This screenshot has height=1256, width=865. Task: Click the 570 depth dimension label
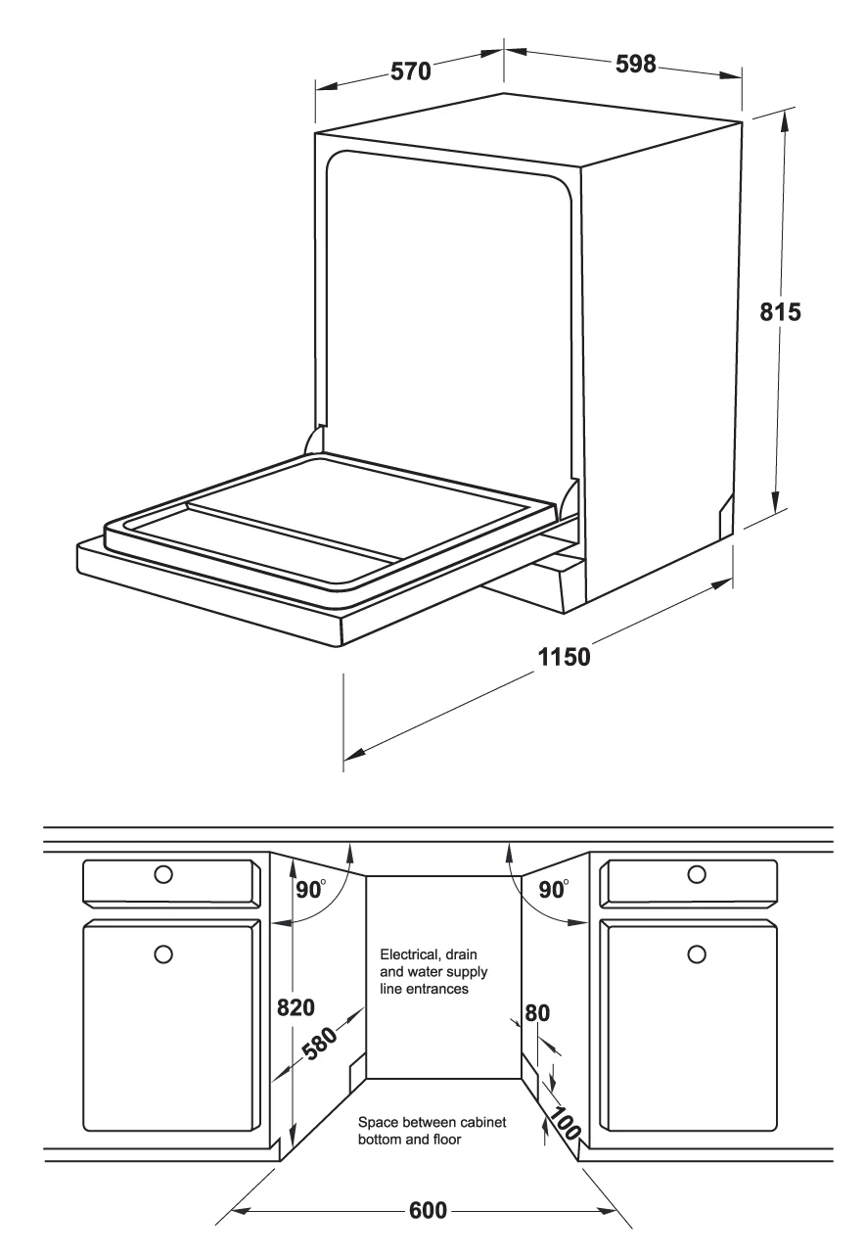coord(410,71)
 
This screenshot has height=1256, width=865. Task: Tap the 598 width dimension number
coord(635,64)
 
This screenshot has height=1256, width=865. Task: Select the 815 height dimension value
coord(780,312)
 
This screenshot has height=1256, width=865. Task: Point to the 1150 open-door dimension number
coord(564,657)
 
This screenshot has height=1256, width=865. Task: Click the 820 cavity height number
coord(296,1007)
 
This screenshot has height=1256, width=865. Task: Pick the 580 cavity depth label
coord(320,1044)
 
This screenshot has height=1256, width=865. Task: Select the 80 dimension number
coord(537,1013)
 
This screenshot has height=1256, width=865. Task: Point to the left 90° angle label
coord(310,889)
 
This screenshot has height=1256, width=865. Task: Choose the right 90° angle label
coord(553,889)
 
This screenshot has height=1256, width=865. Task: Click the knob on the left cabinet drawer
coord(163,874)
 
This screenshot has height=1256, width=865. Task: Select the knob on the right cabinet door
coord(697,954)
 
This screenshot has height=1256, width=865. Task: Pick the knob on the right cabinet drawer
coord(697,874)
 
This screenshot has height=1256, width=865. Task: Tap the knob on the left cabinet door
coord(163,954)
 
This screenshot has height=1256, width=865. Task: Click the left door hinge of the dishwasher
coord(314,441)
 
